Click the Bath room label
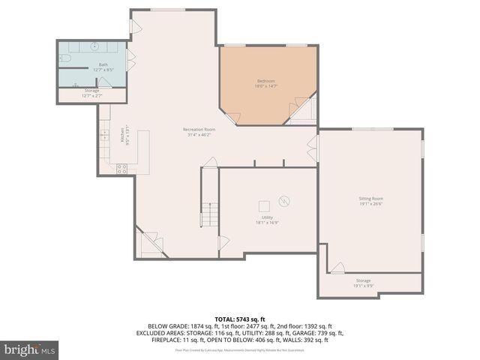(x=103, y=65)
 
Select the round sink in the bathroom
(x=94, y=46)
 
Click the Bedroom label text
(x=265, y=81)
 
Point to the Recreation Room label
(x=199, y=130)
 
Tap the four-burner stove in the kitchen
(x=120, y=169)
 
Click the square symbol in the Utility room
(x=264, y=205)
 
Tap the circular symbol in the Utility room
(x=284, y=200)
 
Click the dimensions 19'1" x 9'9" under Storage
(x=363, y=286)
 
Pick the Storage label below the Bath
(x=91, y=91)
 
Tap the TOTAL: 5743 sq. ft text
(x=239, y=319)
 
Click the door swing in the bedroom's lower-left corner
(x=233, y=118)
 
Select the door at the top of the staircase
(x=211, y=163)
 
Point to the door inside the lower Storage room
(x=337, y=268)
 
